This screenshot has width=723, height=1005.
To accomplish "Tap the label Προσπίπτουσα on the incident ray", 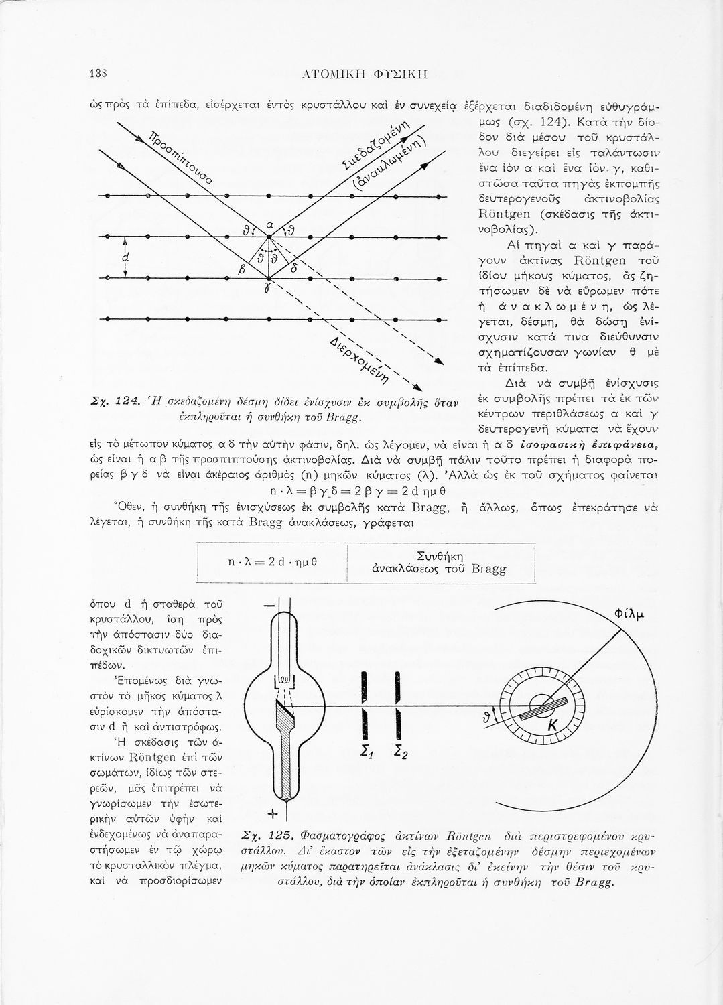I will [x=180, y=158].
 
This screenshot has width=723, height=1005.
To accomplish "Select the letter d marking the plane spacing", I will [x=125, y=257].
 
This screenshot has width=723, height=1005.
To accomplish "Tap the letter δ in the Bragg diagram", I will [x=294, y=268].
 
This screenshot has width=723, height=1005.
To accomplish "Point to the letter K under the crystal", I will [x=553, y=726].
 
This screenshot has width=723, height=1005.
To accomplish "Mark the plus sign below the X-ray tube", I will [x=273, y=815].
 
